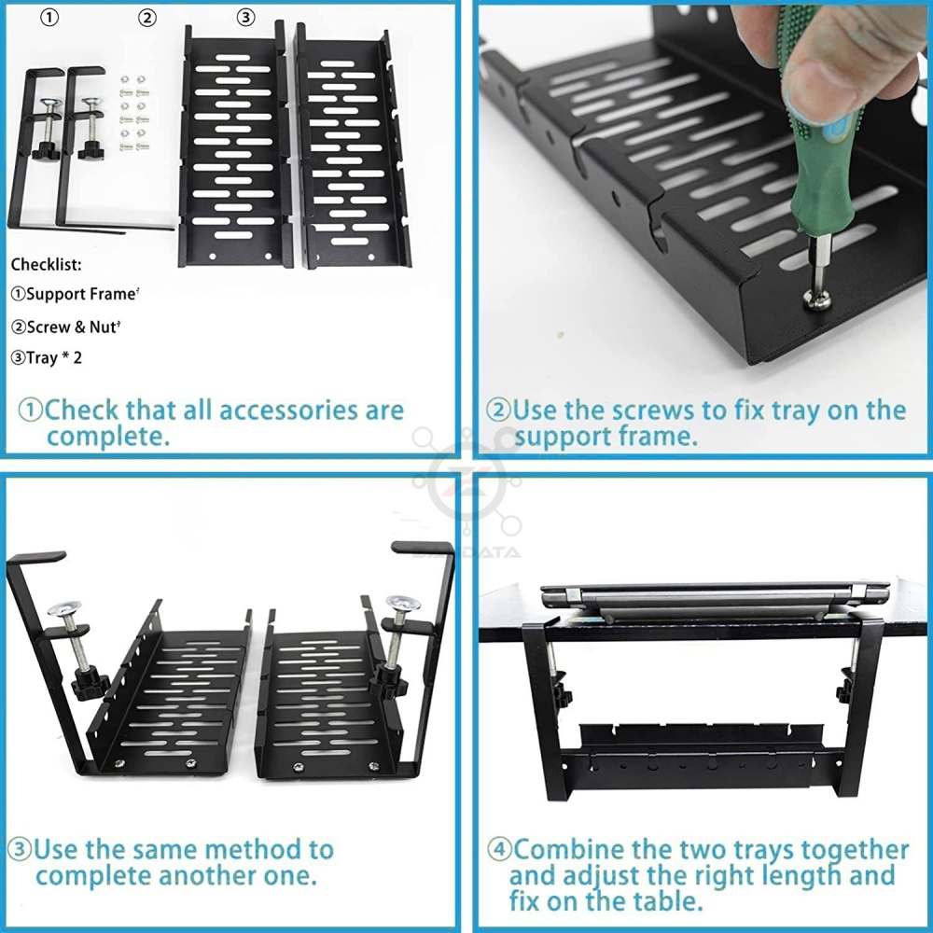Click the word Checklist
pyautogui.click(x=46, y=265)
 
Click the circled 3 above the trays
pyautogui.click(x=245, y=17)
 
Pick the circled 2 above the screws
pyautogui.click(x=147, y=18)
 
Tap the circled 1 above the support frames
pyautogui.click(x=49, y=18)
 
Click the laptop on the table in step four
pyautogui.click(x=714, y=600)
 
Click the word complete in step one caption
pyautogui.click(x=107, y=438)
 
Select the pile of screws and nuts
pyautogui.click(x=133, y=113)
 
